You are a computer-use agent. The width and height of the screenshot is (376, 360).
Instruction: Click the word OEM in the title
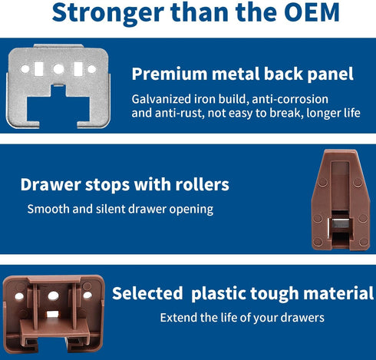click(x=312, y=12)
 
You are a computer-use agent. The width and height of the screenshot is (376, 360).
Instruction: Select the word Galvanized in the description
click(x=161, y=99)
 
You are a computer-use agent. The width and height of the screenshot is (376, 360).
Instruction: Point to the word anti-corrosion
click(x=290, y=99)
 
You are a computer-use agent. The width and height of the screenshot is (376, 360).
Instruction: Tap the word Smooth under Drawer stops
click(x=48, y=209)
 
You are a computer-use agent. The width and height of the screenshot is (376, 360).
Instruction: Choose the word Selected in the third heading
click(x=147, y=293)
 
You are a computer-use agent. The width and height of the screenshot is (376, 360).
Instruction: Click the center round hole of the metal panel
click(x=58, y=69)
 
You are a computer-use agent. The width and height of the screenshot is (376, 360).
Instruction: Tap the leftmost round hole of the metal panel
click(x=25, y=69)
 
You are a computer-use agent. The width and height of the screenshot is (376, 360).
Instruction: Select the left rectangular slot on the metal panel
click(x=38, y=69)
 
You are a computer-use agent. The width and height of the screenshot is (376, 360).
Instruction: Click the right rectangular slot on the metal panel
click(x=78, y=69)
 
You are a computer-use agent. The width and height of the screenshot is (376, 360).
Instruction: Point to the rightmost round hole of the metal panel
click(x=92, y=69)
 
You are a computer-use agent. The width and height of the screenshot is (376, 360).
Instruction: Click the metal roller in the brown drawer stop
click(x=340, y=224)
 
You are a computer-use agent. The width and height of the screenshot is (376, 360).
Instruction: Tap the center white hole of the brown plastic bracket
click(x=53, y=296)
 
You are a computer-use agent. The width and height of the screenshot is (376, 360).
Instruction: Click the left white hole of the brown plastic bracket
click(x=19, y=296)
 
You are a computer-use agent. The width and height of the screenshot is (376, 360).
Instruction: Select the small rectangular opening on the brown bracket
click(x=52, y=314)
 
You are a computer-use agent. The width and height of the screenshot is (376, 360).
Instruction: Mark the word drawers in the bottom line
click(x=302, y=318)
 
